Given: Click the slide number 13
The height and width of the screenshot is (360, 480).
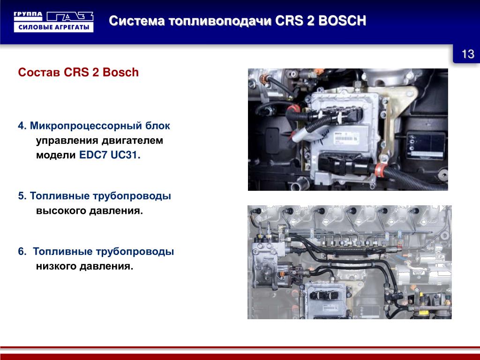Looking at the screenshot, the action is [468, 54].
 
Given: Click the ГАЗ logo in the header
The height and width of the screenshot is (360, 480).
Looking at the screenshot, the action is [70, 16].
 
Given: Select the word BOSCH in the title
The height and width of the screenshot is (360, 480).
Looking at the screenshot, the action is [342, 21].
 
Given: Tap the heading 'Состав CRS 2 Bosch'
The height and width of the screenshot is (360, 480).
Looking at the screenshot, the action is [78, 72].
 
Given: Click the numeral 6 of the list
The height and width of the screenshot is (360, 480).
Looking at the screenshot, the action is [21, 252].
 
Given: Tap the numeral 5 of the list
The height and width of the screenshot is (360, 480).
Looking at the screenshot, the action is [21, 196].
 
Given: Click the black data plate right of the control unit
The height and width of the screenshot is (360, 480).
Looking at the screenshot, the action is [425, 145].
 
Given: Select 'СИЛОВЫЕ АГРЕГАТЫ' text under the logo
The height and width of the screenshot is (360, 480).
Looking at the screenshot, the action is [53, 27].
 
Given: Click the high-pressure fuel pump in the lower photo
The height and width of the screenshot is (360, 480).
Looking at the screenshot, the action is [265, 264].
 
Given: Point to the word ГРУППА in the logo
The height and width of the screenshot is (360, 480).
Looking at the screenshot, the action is [28, 15].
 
